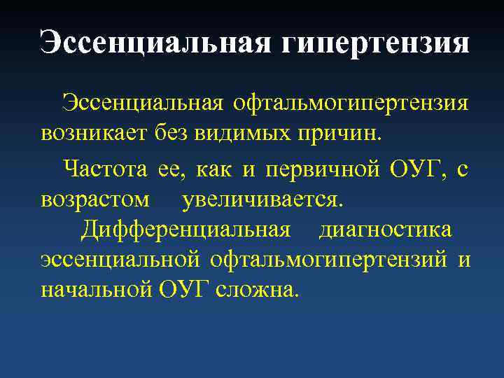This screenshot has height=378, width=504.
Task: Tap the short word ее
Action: click(x=173, y=169)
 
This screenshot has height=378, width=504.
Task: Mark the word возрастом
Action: click(x=95, y=199)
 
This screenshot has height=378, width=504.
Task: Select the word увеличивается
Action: click(x=263, y=199)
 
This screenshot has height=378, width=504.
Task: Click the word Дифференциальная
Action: click(x=185, y=229)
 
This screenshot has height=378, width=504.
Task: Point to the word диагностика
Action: click(x=386, y=229)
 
